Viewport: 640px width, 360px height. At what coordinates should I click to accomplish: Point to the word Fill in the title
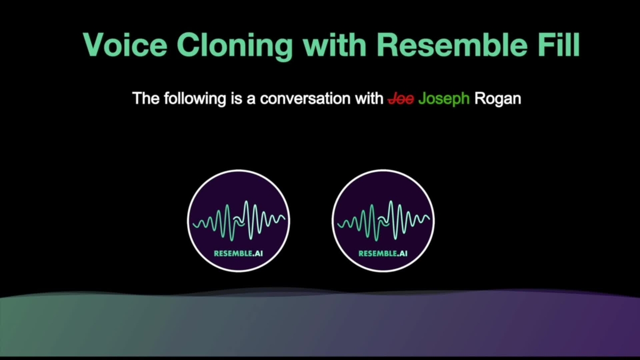click(558, 45)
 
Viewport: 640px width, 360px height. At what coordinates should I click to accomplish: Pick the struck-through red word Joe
click(401, 99)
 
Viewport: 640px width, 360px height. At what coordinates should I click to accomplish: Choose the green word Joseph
click(444, 99)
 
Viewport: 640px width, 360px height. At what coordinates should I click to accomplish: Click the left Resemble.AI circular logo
click(238, 220)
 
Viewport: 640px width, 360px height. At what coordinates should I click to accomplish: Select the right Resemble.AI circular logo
click(383, 220)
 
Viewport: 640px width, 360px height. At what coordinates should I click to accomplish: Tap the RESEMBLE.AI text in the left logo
click(238, 253)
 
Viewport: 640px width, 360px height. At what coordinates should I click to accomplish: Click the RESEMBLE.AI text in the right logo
click(383, 253)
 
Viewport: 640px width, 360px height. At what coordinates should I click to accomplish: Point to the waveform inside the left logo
click(238, 221)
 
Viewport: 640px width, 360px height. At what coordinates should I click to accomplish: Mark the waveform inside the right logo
click(383, 221)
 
